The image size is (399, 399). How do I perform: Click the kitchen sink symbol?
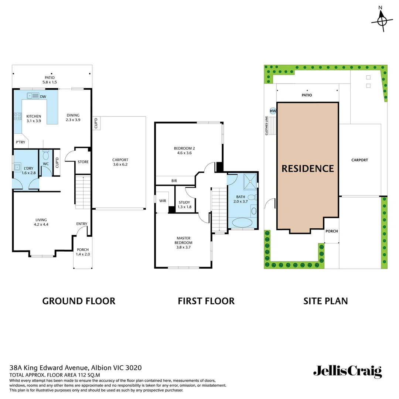point(33,96)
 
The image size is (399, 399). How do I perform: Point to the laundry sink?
point(17,167)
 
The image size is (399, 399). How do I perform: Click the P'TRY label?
point(20,142)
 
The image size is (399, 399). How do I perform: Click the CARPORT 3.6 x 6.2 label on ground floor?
point(120,162)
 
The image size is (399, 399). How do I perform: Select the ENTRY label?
point(82,224)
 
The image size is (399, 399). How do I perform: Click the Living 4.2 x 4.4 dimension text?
point(41,224)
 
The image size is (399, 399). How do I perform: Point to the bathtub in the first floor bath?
point(242,223)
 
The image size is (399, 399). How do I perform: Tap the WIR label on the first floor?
point(163,201)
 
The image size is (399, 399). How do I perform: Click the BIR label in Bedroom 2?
point(174,181)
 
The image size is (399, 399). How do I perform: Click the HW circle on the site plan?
point(273,111)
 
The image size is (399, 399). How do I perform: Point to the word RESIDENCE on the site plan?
point(308,168)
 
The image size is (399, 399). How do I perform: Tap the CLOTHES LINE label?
point(266,126)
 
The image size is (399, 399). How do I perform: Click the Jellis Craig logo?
point(347,371)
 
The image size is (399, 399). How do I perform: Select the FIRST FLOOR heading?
point(206,301)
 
